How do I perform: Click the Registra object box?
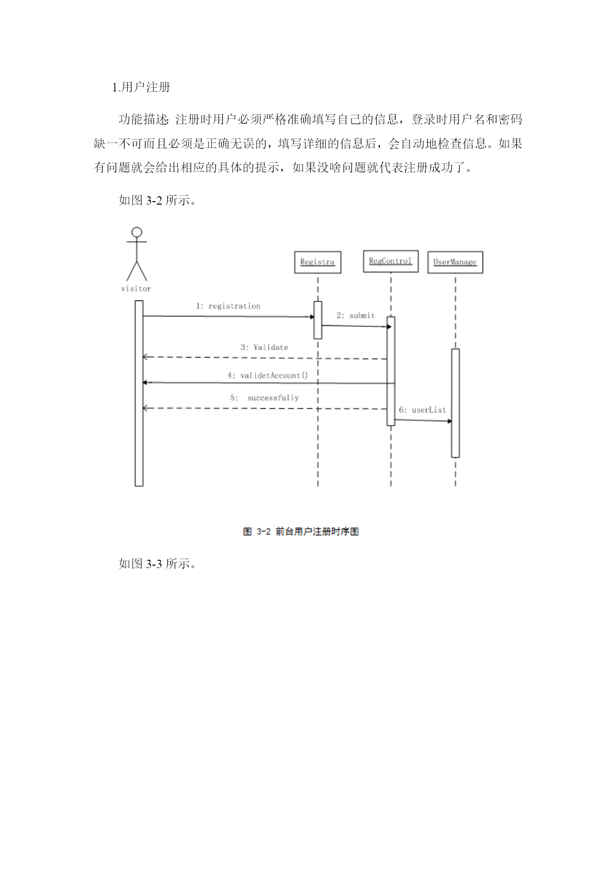pos(318,262)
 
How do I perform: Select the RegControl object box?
pos(391,261)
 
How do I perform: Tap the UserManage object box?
pos(455,262)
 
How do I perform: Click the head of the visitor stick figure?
pos(137,232)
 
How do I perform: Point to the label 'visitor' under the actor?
pos(136,289)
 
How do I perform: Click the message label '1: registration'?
pos(228,306)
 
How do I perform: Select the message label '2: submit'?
pos(355,315)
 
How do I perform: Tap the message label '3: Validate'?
pos(264,347)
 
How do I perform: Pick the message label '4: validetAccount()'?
pos(268,375)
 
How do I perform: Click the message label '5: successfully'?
pos(264,398)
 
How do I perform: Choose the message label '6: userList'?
pos(422,410)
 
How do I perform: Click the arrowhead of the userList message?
pos(450,422)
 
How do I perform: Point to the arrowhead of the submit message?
pos(389,327)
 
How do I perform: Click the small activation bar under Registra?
pos(318,320)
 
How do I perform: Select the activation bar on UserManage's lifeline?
pos(455,403)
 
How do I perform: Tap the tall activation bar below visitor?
pos(139,393)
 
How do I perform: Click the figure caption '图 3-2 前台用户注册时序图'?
pos(301,531)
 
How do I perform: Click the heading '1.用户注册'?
pos(141,87)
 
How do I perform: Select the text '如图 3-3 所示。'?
pos(158,564)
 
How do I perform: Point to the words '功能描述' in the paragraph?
pos(143,119)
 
